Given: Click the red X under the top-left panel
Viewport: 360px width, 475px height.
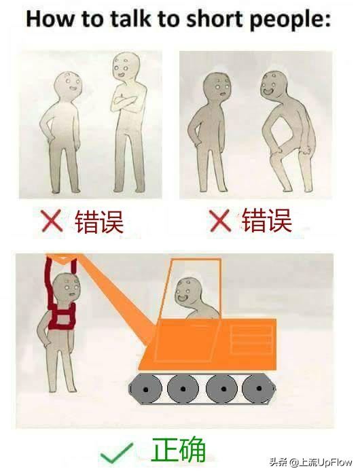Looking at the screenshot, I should click(x=52, y=221).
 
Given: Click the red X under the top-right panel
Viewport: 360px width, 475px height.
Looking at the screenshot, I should click(x=219, y=220).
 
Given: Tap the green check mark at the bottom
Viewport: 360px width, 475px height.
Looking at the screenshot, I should click(x=116, y=453).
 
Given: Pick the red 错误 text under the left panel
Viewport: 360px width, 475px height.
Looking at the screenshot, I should click(x=99, y=221).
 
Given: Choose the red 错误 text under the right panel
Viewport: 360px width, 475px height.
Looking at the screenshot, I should click(x=266, y=220).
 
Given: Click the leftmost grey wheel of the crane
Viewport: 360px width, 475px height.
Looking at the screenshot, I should click(x=147, y=389).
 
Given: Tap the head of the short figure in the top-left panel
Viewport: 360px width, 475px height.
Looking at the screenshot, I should click(x=68, y=86).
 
